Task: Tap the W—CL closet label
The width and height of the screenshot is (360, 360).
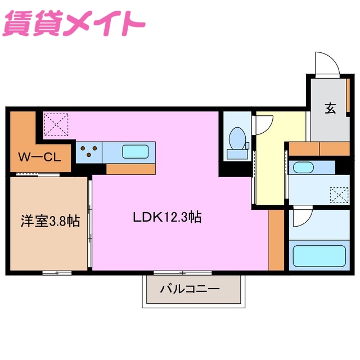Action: (x=39, y=158)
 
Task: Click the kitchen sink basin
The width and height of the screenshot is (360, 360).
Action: (x=135, y=151)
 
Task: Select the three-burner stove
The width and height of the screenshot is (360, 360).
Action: (x=90, y=151)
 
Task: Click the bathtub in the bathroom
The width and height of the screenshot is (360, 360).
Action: (x=317, y=255)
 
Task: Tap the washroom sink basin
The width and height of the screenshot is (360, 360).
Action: (x=304, y=168)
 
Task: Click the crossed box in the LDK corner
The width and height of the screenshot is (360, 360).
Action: (x=56, y=124)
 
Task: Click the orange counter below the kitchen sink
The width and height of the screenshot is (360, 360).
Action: (x=130, y=169)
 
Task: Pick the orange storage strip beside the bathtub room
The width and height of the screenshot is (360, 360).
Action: (x=276, y=239)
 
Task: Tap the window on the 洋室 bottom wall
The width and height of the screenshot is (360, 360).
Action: (x=57, y=273)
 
